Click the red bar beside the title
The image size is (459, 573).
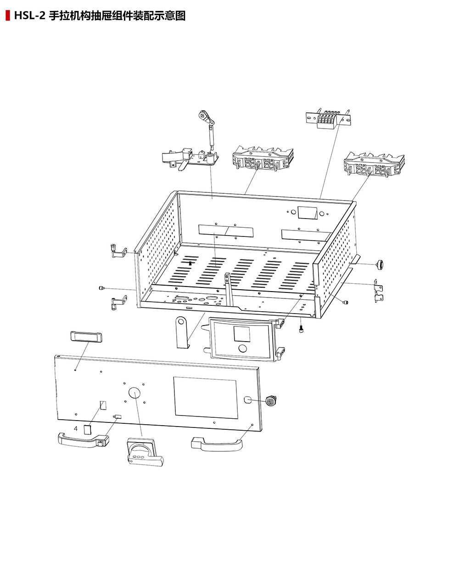point(8,15)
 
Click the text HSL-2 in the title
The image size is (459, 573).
point(30,16)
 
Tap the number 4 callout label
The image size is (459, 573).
point(76,428)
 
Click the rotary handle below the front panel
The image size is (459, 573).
point(145,451)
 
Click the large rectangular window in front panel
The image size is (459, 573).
point(205,398)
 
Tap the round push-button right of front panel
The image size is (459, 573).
point(271,401)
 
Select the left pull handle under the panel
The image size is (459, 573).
point(84,440)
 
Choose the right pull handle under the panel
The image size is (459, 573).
point(217,444)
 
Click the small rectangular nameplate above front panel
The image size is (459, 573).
point(86,337)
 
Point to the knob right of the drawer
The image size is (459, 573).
point(380,264)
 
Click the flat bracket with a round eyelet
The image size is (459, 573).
point(182,332)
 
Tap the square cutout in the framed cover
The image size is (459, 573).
point(242,334)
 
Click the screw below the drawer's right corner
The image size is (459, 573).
point(301,330)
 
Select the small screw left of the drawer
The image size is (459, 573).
point(101,288)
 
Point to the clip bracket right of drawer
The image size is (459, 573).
point(378,291)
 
